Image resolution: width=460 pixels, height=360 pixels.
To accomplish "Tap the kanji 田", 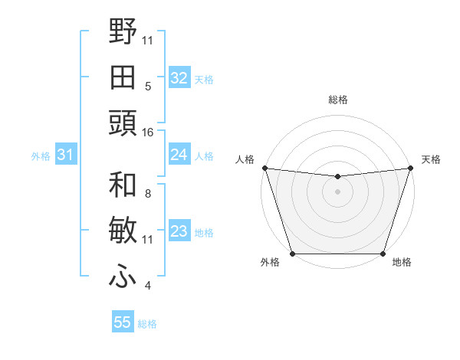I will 123,77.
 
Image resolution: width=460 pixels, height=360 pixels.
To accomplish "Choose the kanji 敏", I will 123,230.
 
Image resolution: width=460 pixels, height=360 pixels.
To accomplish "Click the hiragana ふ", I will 123,277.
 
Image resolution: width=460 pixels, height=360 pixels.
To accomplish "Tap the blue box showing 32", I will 179,78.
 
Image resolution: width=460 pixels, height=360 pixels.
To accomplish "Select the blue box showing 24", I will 179,155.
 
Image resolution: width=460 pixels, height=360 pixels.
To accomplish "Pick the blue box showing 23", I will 179,231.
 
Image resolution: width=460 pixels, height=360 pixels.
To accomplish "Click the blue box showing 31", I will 65,155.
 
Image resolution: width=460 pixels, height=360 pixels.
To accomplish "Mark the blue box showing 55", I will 123,322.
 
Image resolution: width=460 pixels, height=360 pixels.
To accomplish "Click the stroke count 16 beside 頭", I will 148,132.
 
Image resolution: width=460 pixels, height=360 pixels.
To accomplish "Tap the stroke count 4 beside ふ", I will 148,286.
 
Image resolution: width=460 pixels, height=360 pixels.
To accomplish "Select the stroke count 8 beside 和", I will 148,193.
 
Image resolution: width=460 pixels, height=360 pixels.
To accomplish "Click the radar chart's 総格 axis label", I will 338,100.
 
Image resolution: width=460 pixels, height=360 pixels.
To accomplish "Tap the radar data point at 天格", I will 410,168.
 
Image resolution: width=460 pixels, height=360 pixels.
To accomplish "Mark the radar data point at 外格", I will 293,254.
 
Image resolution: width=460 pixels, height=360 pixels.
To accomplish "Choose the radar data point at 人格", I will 264,168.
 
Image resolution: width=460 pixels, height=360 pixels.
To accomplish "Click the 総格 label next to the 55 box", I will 147,324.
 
